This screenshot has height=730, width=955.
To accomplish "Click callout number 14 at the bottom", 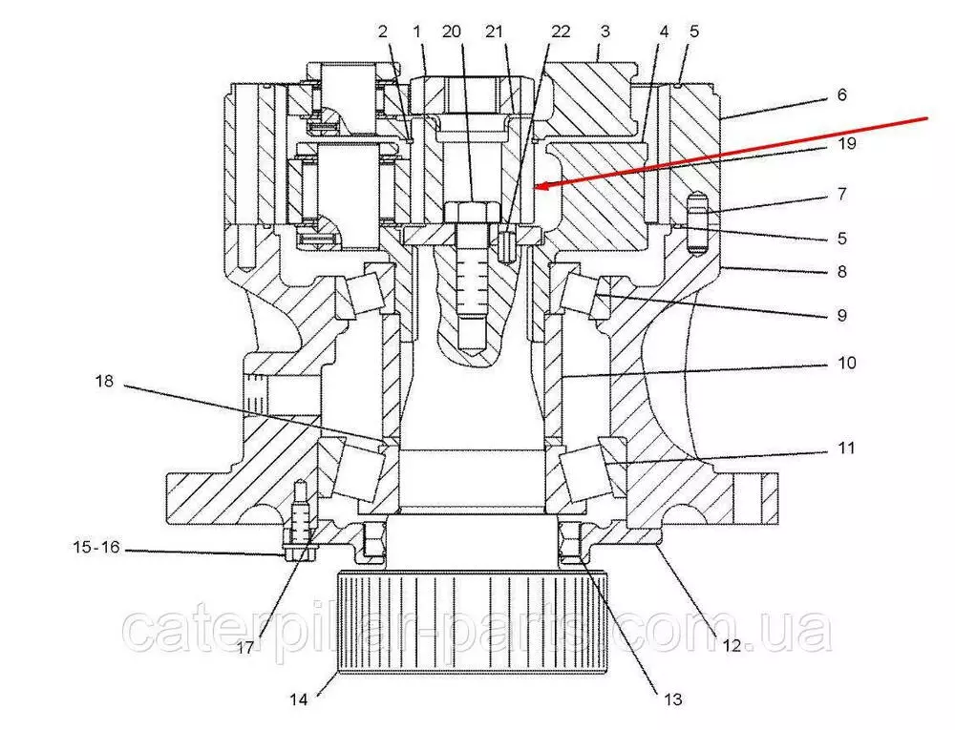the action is [298, 699].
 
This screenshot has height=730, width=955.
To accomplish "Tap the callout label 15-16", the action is [96, 547].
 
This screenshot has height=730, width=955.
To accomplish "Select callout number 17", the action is [244, 648].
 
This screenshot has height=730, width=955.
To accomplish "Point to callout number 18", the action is [104, 382].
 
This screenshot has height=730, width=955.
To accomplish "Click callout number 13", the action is [672, 699].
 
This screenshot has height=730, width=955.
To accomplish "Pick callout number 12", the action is [732, 645].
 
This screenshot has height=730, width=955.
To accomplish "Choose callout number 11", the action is [846, 448].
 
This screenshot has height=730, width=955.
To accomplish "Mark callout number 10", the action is [846, 364].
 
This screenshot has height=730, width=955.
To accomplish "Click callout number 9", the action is [841, 315].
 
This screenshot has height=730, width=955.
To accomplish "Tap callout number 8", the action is [841, 271].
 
